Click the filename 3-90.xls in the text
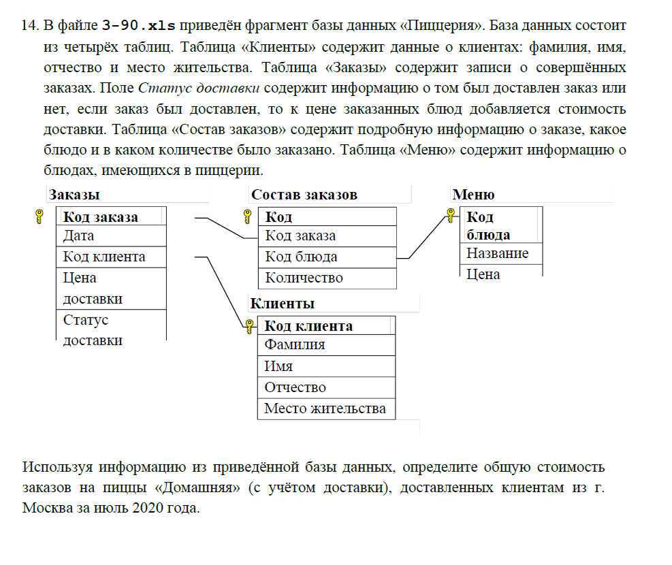138,26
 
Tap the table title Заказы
74,195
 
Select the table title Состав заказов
304,195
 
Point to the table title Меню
474,195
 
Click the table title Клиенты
283,304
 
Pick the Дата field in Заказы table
79,236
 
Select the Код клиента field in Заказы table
104,257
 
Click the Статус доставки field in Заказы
93,330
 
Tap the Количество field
304,278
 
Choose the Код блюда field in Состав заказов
301,257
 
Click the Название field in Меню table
498,253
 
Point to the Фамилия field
295,345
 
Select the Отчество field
295,387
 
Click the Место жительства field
325,408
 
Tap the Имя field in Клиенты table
279,366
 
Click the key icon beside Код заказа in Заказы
39,217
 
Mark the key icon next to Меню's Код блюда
450,216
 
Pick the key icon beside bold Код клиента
249,325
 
